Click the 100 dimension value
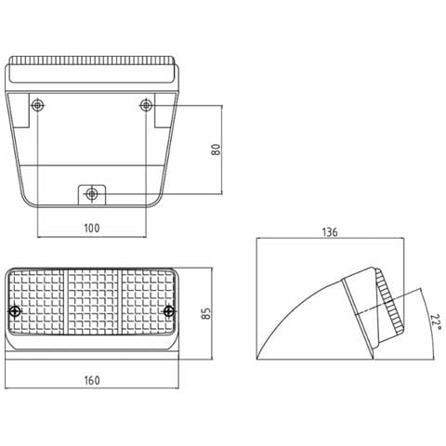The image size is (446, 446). (92, 229)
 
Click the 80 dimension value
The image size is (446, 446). (216, 150)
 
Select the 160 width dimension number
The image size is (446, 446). (92, 380)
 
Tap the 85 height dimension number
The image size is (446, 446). (206, 313)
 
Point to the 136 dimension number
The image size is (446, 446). (330, 232)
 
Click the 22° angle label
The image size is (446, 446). (436, 322)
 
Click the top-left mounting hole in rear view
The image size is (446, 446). (37, 105)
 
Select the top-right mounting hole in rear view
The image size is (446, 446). (146, 105)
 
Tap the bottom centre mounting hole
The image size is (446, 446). (91, 194)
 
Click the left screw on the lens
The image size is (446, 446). (15, 311)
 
